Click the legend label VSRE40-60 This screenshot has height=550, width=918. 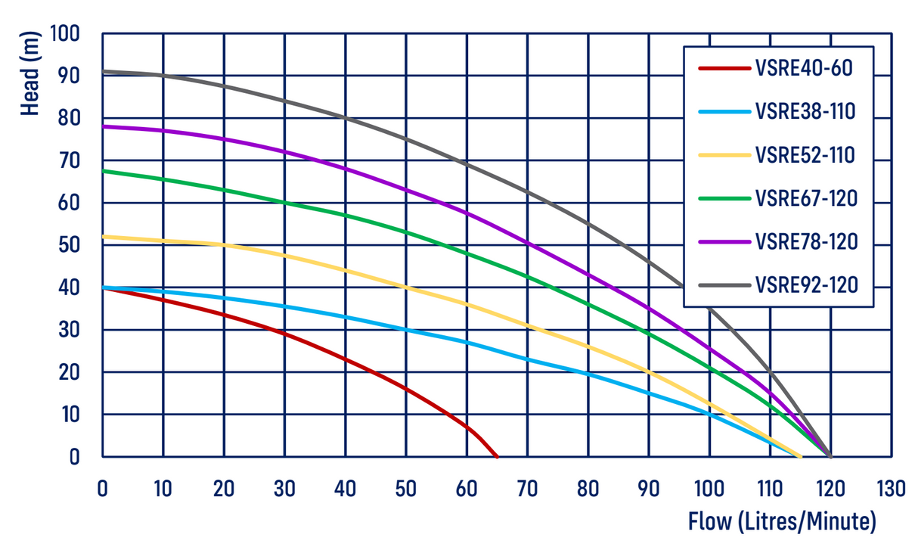[803, 69]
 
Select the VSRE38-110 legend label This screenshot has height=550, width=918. [805, 112]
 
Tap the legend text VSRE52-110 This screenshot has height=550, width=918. [805, 155]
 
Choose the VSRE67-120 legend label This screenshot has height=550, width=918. [805, 199]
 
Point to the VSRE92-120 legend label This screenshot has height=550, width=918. [805, 285]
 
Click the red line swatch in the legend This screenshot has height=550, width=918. [724, 69]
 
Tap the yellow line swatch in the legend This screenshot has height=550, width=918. [724, 155]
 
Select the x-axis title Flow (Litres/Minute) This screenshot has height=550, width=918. [782, 521]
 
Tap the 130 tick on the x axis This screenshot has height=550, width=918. [891, 489]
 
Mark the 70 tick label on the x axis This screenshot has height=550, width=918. [527, 489]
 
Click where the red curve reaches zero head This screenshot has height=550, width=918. [497, 457]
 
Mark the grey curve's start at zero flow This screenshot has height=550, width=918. [103, 71]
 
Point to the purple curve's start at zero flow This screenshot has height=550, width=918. [103, 126]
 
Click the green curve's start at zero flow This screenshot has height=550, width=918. [103, 171]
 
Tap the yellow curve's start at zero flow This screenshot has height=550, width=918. [103, 236]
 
